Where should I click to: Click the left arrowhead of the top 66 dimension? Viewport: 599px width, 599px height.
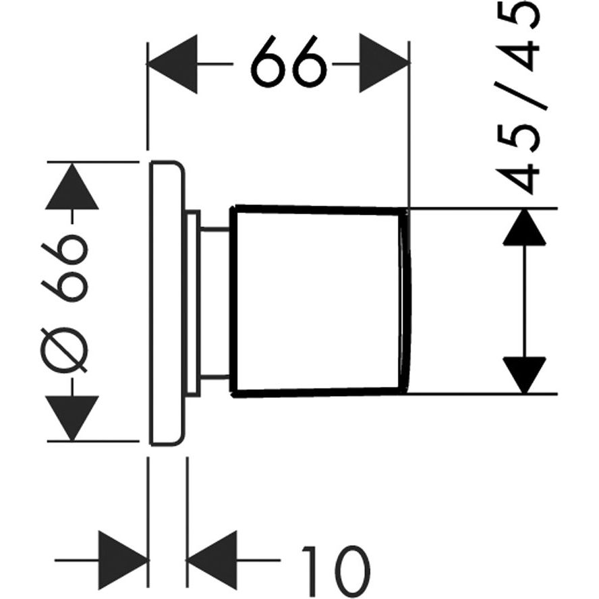pyautogui.click(x=172, y=64)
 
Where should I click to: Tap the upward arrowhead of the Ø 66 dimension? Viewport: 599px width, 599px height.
pyautogui.click(x=72, y=186)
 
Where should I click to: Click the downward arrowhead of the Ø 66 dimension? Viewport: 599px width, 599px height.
pyautogui.click(x=72, y=418)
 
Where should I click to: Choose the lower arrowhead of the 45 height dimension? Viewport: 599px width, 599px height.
pyautogui.click(x=525, y=375)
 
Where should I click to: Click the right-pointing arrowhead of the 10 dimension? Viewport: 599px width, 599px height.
pyautogui.click(x=123, y=561)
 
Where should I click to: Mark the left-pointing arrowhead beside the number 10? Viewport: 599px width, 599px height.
pyautogui.click(x=212, y=561)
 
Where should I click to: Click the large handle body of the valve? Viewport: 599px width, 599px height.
pyautogui.click(x=316, y=302)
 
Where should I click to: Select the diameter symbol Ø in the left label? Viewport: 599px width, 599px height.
pyautogui.click(x=65, y=350)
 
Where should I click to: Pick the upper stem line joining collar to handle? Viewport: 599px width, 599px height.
pyautogui.click(x=215, y=229)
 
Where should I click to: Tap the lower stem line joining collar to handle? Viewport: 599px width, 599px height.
pyautogui.click(x=215, y=378)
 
